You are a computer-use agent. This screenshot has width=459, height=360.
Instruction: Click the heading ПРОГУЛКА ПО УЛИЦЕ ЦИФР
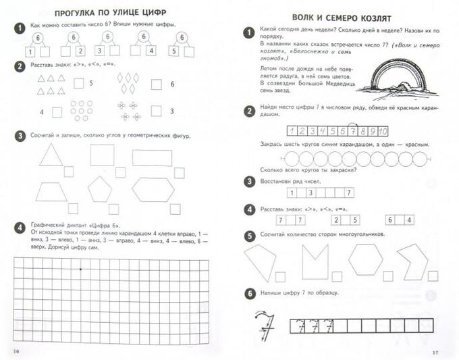point(111,13)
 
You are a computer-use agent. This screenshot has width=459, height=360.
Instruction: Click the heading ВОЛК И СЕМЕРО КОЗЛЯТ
point(340,18)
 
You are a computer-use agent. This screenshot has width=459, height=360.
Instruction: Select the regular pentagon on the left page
point(100,189)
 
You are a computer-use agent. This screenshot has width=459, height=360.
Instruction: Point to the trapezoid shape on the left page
point(51,192)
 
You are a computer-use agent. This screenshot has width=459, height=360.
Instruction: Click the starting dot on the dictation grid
point(80,270)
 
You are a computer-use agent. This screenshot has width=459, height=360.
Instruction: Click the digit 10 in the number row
point(382,131)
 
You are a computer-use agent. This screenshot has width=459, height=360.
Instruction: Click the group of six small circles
point(82,109)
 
